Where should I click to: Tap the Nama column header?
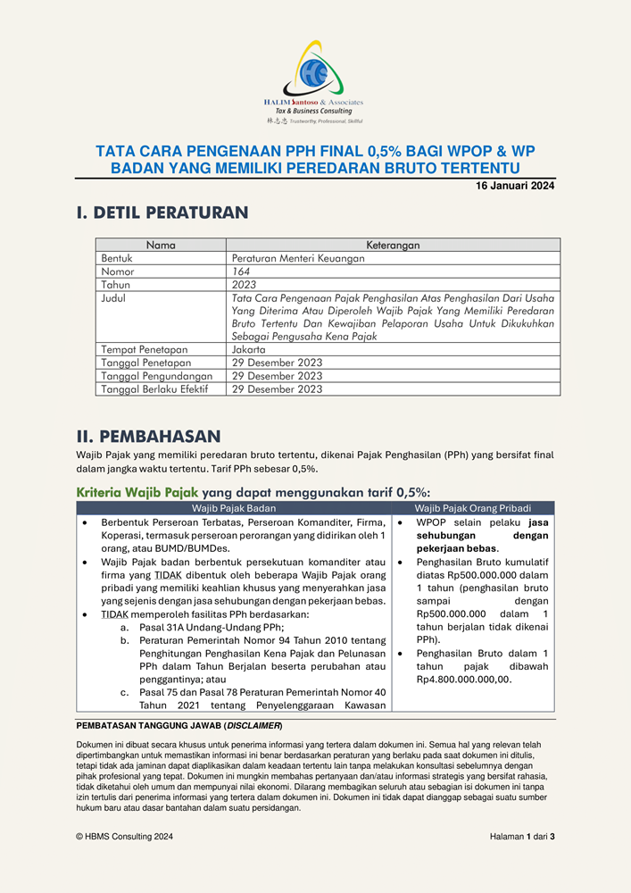coord(161,245)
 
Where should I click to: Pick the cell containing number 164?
coord(241,271)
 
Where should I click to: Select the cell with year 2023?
coord(244,285)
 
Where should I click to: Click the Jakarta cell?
coord(248,350)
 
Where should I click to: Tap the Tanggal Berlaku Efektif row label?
coord(154,389)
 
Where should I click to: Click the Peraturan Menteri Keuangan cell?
coord(286,258)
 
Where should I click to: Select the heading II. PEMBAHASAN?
coord(148,437)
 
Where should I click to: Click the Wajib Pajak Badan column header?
coord(234,507)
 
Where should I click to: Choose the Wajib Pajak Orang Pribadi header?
coord(472,507)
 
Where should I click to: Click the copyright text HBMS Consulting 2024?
coord(125,837)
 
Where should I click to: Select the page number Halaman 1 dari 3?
coord(522,837)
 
